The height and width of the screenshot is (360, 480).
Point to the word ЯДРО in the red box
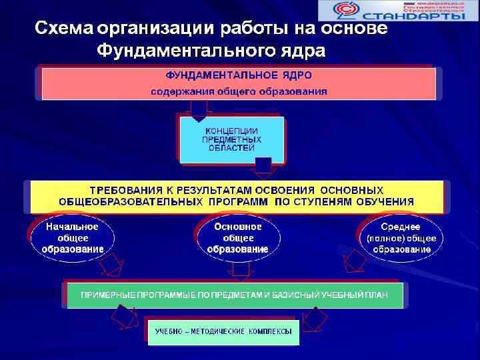[291, 75]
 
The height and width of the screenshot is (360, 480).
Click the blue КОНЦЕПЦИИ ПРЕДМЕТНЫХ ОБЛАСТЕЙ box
[232, 139]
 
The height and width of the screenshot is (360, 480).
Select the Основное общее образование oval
[238, 238]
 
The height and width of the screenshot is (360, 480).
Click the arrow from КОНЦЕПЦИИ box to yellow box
[263, 168]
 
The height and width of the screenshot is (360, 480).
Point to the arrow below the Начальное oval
[111, 269]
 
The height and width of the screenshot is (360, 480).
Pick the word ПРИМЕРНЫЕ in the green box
[103, 293]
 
